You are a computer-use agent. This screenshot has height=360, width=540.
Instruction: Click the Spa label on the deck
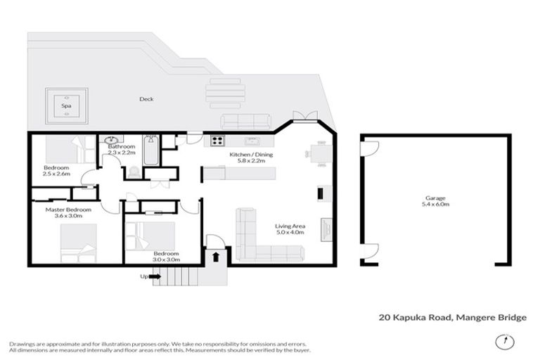[x=67, y=106]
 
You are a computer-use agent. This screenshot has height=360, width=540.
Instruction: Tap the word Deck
[x=146, y=99]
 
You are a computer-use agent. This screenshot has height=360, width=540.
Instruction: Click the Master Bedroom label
[x=68, y=210]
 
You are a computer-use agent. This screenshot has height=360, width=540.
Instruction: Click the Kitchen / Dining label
[x=252, y=155]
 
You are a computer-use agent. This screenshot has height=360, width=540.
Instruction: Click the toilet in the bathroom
[x=131, y=172]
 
